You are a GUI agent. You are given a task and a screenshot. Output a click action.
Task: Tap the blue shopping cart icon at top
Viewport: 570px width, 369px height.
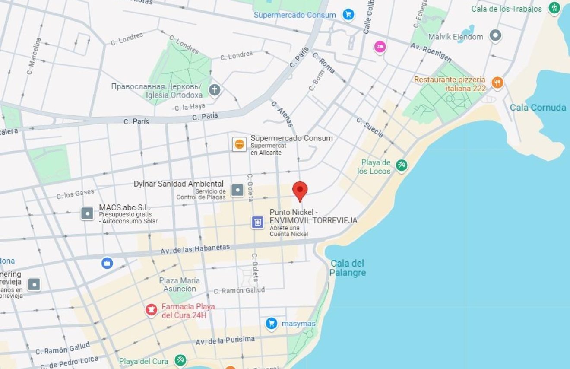[x=348, y=15]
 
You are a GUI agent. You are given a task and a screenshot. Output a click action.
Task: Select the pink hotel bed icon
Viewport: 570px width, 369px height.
[x=380, y=47]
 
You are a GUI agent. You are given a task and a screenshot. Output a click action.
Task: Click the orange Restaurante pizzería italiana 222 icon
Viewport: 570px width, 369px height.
[x=497, y=83]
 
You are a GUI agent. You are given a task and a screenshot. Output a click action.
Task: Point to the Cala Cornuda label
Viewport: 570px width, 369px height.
[x=538, y=108]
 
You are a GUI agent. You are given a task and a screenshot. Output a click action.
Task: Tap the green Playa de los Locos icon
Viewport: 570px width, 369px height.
[x=402, y=165]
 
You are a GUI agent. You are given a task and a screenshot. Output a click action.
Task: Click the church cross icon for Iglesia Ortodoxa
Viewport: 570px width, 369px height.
[x=215, y=90]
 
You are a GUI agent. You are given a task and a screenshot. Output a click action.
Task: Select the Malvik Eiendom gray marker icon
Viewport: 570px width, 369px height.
[x=495, y=35]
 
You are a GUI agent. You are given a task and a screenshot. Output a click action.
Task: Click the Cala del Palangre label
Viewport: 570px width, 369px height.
[x=348, y=268]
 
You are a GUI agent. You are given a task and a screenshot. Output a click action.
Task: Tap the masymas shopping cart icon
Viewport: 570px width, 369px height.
[x=271, y=323]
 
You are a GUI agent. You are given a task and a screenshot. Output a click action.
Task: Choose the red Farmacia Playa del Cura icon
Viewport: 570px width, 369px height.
[x=151, y=310]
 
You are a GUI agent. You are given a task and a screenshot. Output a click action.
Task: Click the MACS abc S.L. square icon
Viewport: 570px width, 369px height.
[x=87, y=213]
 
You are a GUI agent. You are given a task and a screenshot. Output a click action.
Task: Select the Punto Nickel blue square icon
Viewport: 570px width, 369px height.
[x=258, y=222]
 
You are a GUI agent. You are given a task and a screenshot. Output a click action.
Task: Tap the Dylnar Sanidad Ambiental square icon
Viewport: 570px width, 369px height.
[x=237, y=190]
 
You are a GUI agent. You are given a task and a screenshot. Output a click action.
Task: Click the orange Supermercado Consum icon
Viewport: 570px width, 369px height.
[x=239, y=144]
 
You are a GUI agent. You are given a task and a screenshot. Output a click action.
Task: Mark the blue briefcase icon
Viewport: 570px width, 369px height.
[x=107, y=263]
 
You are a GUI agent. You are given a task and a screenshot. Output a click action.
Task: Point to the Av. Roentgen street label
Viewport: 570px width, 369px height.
[x=431, y=51]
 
